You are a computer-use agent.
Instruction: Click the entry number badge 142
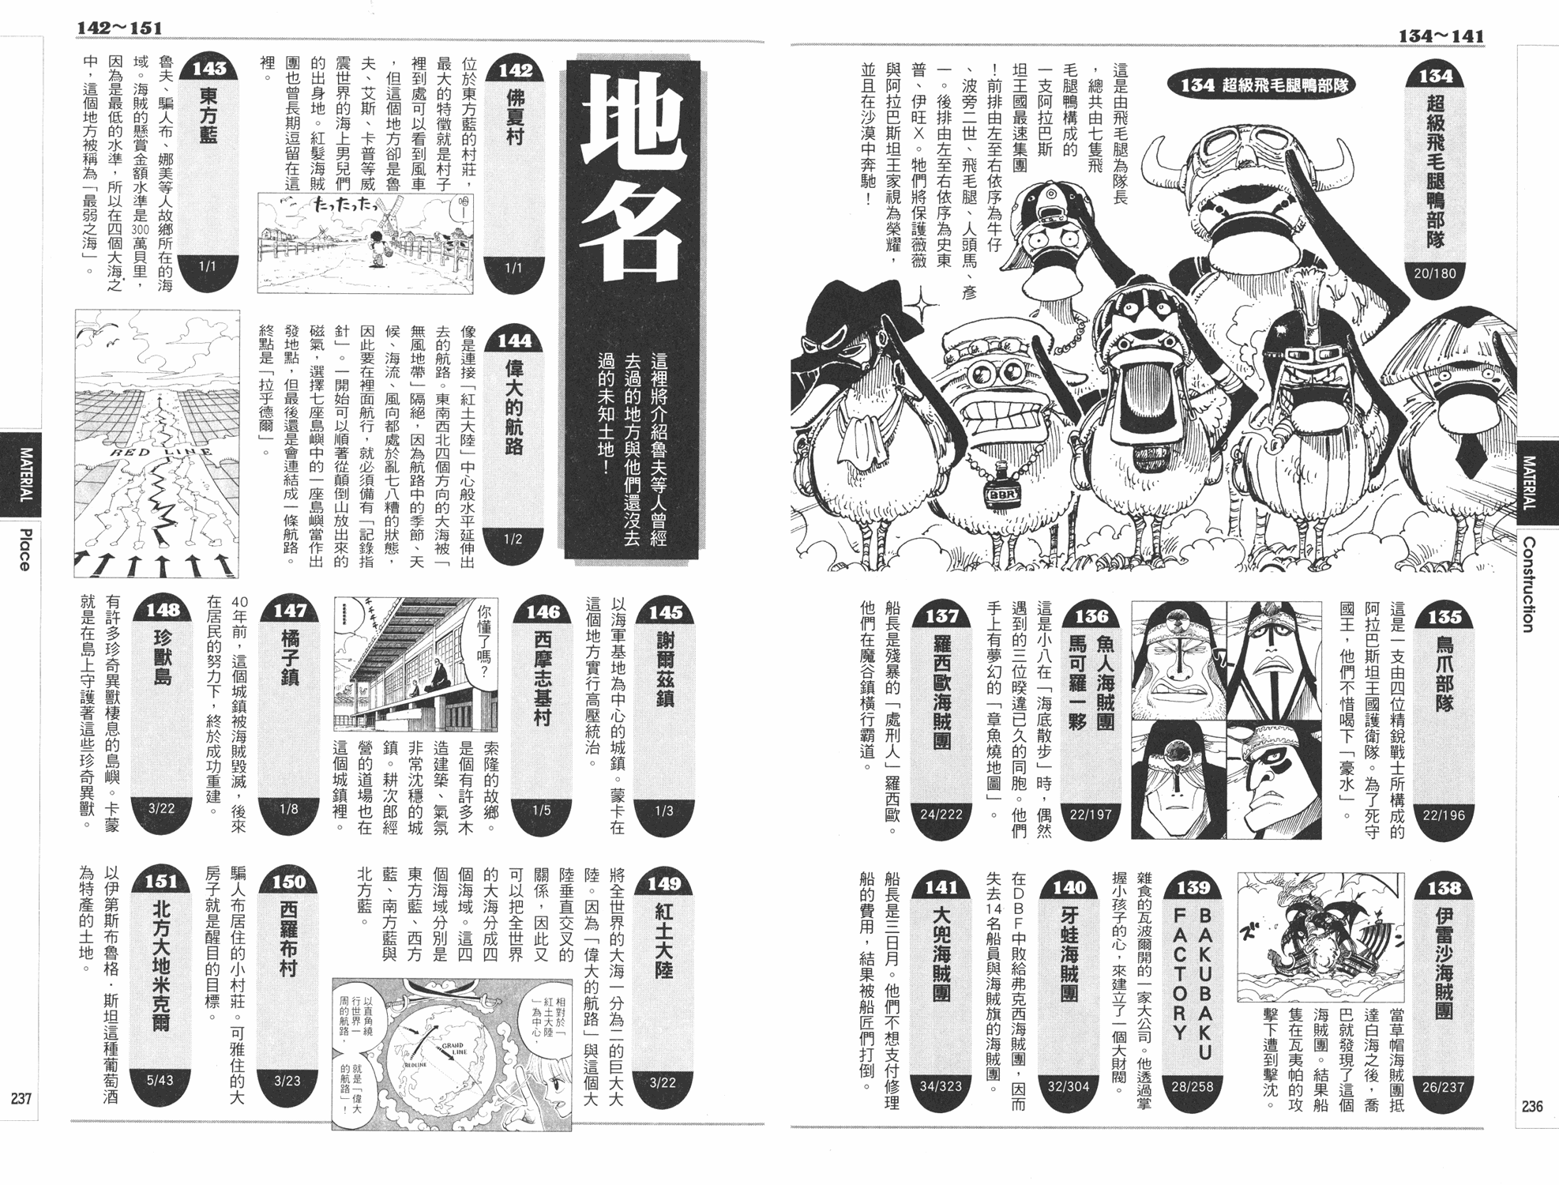coord(515,70)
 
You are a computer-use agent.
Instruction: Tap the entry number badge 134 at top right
coord(1435,76)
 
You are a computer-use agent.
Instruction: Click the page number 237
coord(21,1098)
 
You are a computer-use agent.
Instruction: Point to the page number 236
coord(1531,1106)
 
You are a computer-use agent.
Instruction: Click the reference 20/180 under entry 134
coord(1435,273)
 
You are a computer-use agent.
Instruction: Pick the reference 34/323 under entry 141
coord(941,1086)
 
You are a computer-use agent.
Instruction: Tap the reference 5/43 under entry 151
coord(160,1080)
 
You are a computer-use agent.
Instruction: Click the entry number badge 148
coord(163,610)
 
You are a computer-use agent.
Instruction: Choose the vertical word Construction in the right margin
coord(1528,585)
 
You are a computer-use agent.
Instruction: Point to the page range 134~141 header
coord(1441,36)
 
